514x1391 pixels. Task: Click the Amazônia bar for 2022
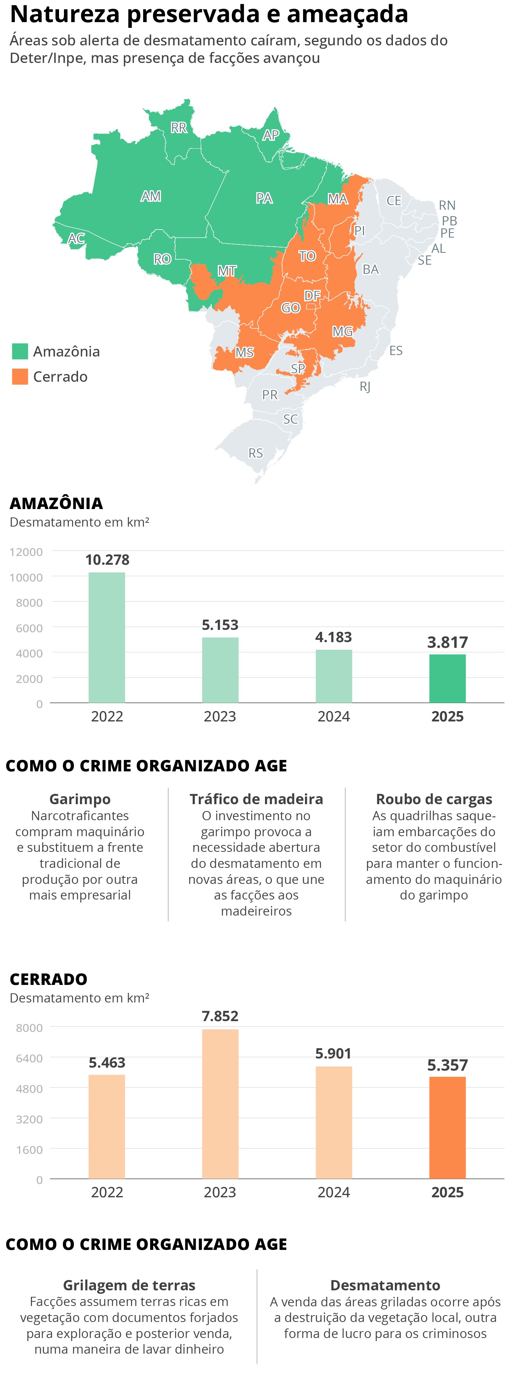tap(107, 637)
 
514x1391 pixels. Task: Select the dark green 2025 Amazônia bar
tap(447, 678)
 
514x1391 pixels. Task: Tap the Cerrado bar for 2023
tap(220, 1104)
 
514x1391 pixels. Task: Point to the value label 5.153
tap(220, 625)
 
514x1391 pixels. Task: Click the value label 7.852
tap(220, 1016)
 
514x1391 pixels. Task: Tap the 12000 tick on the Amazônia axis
tap(26, 552)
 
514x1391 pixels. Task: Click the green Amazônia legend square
tap(20, 352)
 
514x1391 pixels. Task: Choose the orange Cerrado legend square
tap(20, 376)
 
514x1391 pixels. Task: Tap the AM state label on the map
tap(151, 196)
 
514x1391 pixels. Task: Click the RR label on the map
tap(179, 127)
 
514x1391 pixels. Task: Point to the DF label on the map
tap(312, 296)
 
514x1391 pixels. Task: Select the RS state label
tap(255, 453)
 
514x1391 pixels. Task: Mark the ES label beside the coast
tap(396, 350)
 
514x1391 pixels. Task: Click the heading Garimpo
tap(80, 799)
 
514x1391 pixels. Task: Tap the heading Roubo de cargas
tap(434, 799)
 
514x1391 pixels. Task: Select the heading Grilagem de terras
tap(129, 1285)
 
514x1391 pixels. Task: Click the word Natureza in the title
tap(65, 14)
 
